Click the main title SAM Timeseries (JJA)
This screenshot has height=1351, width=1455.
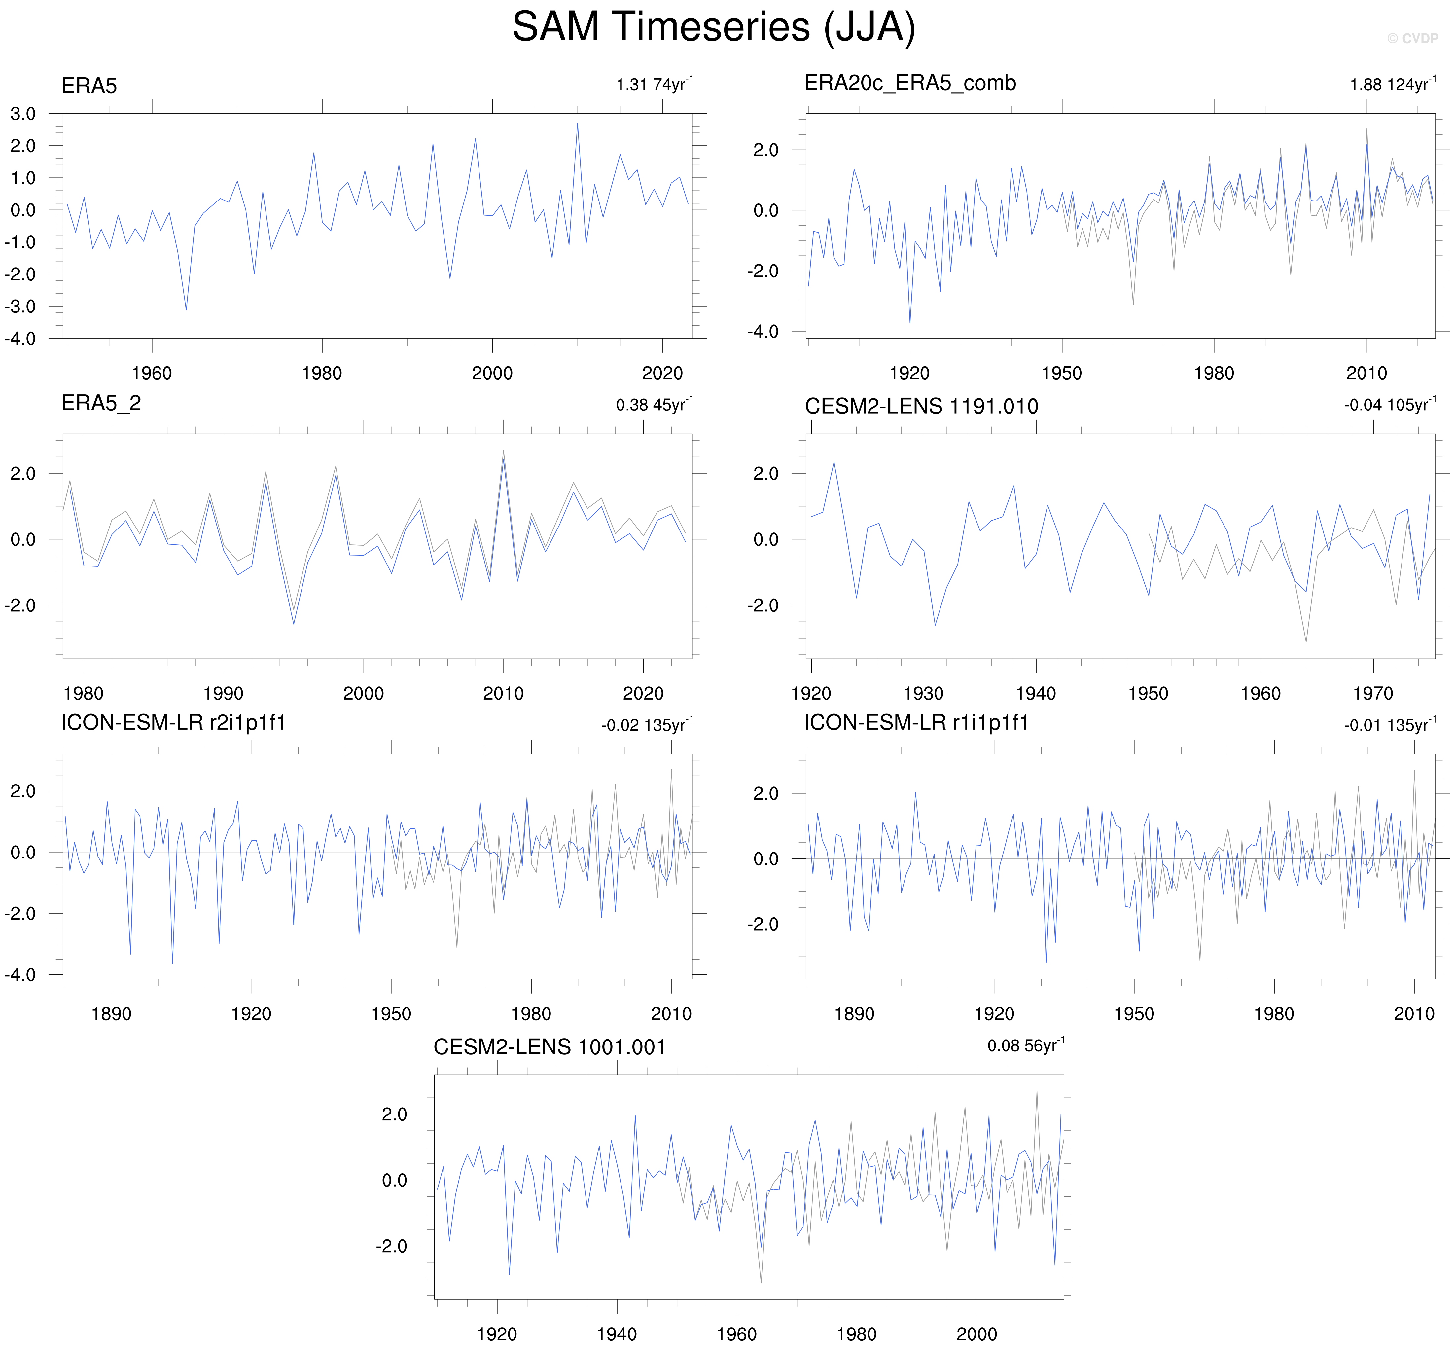[x=713, y=28]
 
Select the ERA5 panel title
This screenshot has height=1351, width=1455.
[x=89, y=86]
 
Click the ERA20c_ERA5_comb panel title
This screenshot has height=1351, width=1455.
[x=910, y=83]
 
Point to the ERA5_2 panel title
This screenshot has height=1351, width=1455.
[x=101, y=404]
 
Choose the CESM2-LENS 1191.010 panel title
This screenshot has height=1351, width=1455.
[x=921, y=407]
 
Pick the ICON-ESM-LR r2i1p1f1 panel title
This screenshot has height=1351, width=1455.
[x=173, y=723]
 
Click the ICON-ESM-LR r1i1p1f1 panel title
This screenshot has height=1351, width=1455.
[x=916, y=723]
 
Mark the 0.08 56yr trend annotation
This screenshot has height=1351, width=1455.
[x=1025, y=1046]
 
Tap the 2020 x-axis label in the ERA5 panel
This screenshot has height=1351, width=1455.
[x=662, y=374]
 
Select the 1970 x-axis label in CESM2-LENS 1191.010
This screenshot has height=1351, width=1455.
[x=1372, y=694]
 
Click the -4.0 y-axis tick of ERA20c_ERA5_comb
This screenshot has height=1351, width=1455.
[x=762, y=332]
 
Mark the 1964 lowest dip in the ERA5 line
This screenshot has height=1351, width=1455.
[x=186, y=310]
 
